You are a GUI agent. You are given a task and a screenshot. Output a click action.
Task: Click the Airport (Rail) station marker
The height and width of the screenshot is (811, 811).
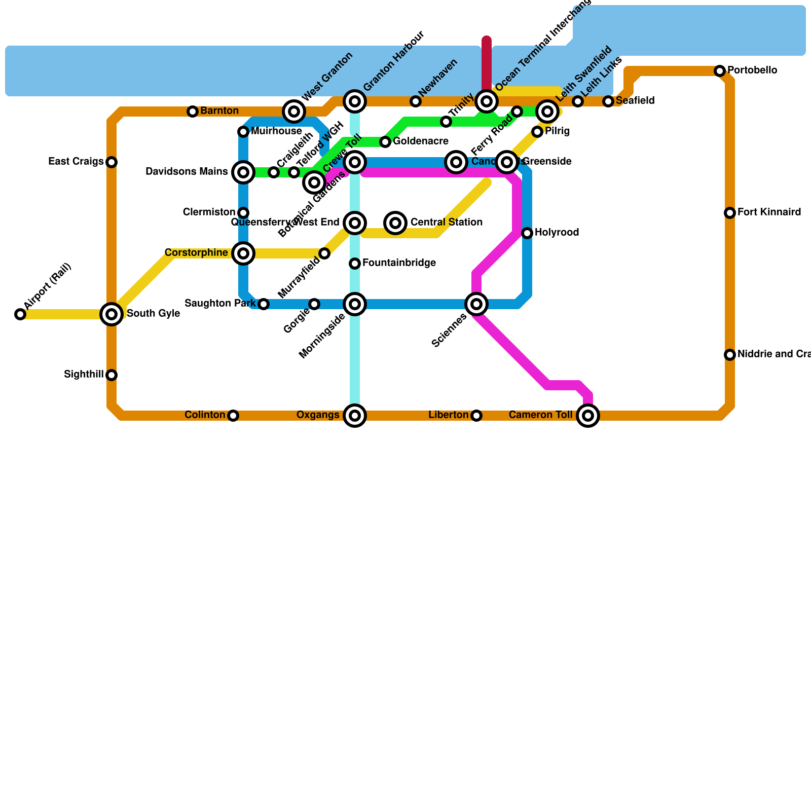coord(20,314)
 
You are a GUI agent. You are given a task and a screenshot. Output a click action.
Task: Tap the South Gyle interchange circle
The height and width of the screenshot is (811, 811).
coord(112,314)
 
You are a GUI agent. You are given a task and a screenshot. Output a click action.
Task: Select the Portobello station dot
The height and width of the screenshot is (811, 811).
coord(720,71)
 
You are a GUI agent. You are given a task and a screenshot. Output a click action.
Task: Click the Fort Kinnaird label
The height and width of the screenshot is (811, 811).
coord(769,212)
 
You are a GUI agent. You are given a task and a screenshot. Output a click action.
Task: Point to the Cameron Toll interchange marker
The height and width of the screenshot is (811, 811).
coord(588,416)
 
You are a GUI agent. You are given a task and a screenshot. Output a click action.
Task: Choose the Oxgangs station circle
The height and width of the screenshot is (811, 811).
coord(355,416)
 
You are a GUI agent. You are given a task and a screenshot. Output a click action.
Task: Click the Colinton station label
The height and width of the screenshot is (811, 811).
coord(205,415)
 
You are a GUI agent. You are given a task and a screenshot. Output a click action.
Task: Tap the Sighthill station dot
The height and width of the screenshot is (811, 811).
coord(112,375)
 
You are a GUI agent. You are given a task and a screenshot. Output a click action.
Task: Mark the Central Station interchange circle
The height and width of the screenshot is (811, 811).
coord(395,223)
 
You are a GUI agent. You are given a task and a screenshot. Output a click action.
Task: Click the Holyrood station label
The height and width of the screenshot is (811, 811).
coord(557,233)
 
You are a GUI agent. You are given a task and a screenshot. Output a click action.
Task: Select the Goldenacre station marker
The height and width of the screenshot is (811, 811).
coord(385,142)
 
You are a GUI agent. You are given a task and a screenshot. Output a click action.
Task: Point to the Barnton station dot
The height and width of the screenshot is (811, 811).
coord(193,112)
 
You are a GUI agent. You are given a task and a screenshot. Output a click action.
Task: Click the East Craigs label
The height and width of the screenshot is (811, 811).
coord(76,162)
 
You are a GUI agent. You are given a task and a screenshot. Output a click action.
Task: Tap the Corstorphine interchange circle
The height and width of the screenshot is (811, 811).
coord(243,253)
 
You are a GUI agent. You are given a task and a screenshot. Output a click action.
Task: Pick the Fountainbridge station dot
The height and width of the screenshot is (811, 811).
coord(355,264)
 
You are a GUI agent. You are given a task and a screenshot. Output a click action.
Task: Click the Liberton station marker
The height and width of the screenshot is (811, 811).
coord(476,416)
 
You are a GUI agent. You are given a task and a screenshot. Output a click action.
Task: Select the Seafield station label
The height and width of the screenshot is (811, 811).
coord(635,101)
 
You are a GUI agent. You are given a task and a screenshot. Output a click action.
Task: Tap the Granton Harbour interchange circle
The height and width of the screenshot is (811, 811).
coord(355,101)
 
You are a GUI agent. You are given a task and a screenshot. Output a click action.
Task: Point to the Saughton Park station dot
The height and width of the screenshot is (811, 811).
coord(264,304)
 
